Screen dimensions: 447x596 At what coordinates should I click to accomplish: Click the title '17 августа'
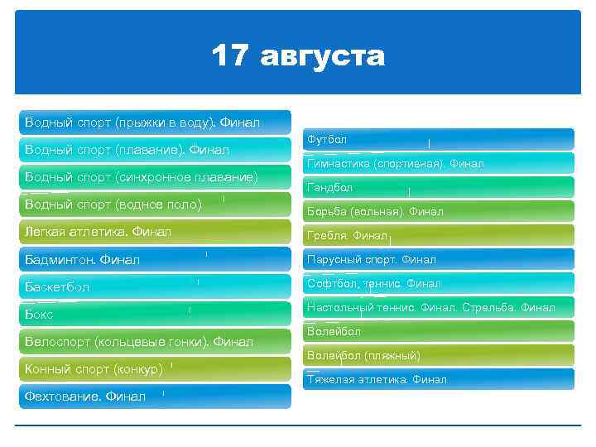(298, 56)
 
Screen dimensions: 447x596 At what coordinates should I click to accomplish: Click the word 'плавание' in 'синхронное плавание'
(223, 177)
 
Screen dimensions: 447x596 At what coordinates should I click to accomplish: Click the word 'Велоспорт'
(58, 341)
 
